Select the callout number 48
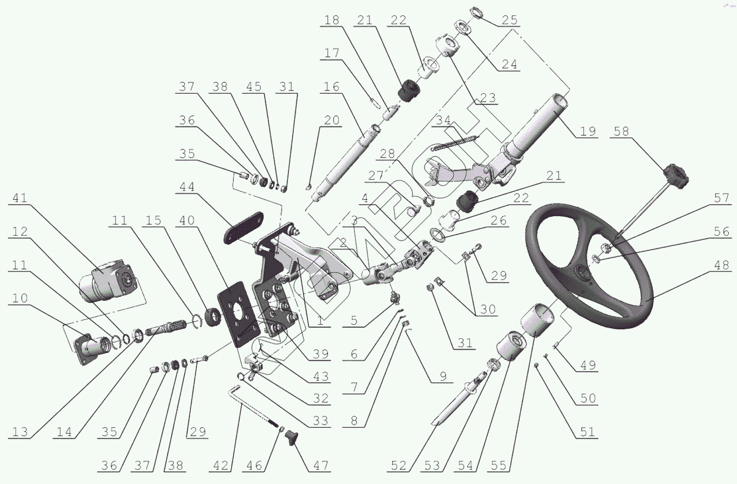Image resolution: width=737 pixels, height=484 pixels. point(722,265)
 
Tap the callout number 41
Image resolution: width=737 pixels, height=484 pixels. point(20,198)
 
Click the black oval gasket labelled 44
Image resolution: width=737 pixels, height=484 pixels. point(243,227)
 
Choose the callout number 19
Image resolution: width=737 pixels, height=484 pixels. point(588,131)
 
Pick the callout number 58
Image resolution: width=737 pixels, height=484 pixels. point(621,131)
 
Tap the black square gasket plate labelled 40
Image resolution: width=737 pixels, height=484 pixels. point(237,315)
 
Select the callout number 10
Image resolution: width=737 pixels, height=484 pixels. point(20,298)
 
